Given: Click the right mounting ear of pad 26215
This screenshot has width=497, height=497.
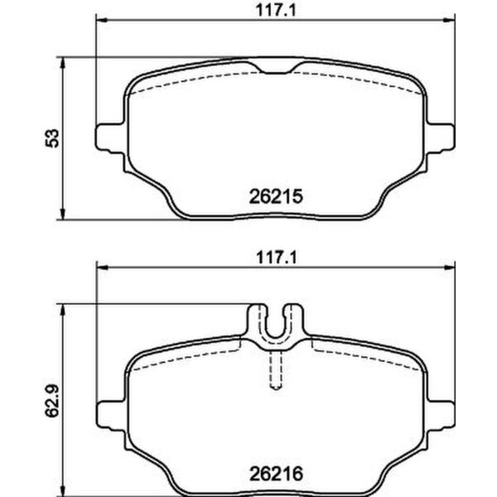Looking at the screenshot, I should click(x=442, y=137).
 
